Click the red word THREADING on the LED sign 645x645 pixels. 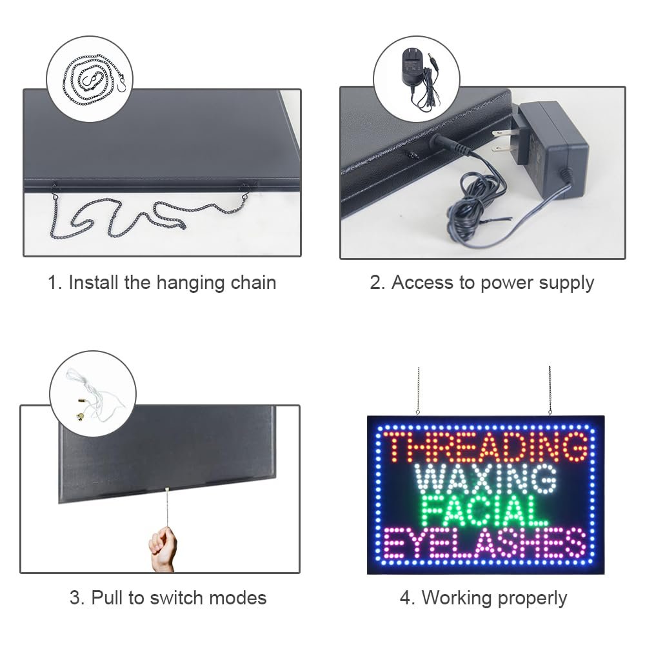487,447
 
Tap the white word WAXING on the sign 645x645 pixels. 486,479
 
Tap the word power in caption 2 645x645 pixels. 507,284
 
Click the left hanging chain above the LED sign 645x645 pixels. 419,391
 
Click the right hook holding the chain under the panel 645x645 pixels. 244,192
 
